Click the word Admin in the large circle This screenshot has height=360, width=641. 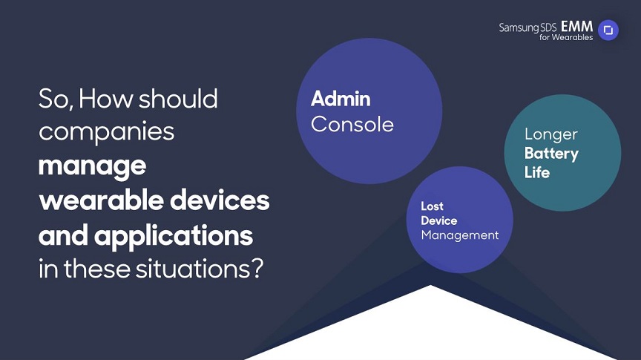[341, 99]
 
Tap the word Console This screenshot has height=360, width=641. [352, 125]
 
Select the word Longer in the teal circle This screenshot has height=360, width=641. [551, 134]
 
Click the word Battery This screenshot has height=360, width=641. [551, 154]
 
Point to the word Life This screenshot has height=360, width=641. [537, 172]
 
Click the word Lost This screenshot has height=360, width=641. [432, 206]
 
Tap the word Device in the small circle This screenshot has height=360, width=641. [439, 220]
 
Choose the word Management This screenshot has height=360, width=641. [460, 235]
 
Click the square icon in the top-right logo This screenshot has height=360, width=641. [608, 30]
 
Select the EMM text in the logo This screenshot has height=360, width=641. [576, 27]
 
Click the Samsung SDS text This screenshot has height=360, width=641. [527, 27]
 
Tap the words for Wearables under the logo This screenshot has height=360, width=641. [566, 37]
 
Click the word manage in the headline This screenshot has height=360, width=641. [93, 166]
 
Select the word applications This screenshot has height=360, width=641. [174, 236]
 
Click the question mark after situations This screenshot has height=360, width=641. [257, 269]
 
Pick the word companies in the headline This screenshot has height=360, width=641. [106, 132]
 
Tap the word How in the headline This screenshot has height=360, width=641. [105, 99]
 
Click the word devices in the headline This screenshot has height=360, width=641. [220, 200]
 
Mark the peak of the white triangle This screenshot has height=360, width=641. [430, 285]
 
